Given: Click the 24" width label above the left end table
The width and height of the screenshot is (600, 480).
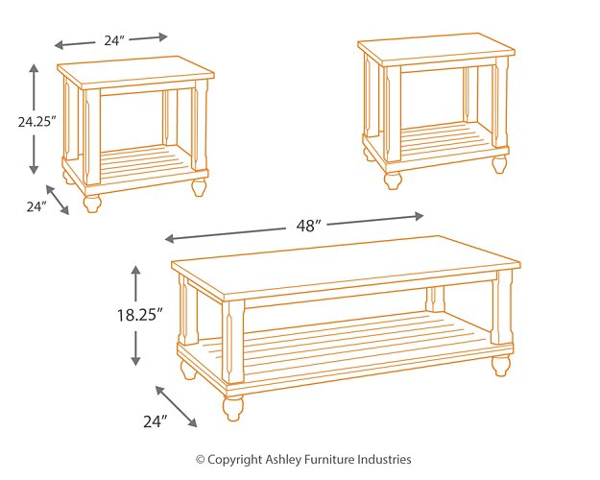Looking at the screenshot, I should tap(113, 40).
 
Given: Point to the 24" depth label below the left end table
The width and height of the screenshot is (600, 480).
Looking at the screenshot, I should tap(36, 206).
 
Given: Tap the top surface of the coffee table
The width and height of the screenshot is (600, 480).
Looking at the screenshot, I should tap(346, 256).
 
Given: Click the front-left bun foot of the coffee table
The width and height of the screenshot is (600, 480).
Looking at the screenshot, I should tap(233, 407).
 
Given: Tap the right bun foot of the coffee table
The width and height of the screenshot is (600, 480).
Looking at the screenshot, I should tap(501, 365).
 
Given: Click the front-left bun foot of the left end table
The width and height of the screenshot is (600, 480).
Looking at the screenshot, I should tap(92, 203).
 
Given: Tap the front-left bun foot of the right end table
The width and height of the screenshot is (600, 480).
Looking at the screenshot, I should tap(393, 180).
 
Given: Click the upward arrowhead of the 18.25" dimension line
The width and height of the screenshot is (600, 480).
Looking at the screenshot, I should tap(136, 272).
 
